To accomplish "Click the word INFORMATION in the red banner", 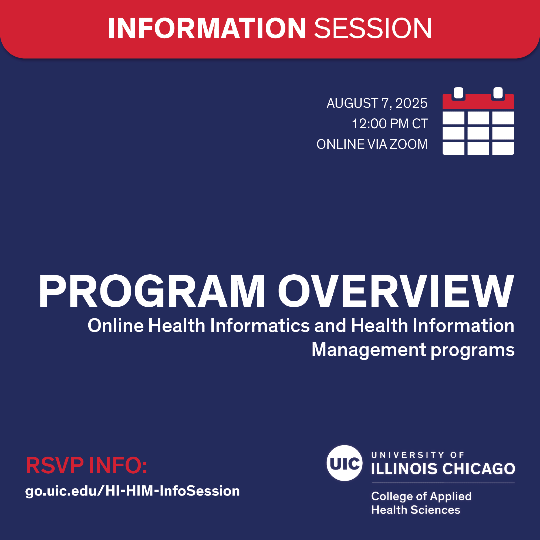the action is click(x=207, y=29).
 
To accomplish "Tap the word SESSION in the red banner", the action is click(x=373, y=29).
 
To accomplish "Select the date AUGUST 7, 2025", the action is click(x=377, y=103).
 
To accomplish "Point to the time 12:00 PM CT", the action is click(x=390, y=124).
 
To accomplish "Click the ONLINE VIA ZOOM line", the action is click(x=372, y=144).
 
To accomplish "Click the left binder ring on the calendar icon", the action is click(x=459, y=93).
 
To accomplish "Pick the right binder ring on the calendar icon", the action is click(x=498, y=93).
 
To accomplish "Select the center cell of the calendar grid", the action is click(x=478, y=133).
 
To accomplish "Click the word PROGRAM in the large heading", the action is click(x=151, y=291).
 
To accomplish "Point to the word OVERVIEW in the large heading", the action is click(x=396, y=291).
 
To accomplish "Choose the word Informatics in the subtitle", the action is click(x=260, y=326).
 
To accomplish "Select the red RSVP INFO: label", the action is click(x=86, y=466).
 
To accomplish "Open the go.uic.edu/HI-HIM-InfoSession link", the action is click(x=133, y=491).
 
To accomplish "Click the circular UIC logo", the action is click(x=344, y=463).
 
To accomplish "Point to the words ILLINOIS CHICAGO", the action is click(x=443, y=469).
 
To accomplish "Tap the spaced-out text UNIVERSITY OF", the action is click(x=418, y=455).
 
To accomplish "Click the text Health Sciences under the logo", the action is click(x=416, y=510).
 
